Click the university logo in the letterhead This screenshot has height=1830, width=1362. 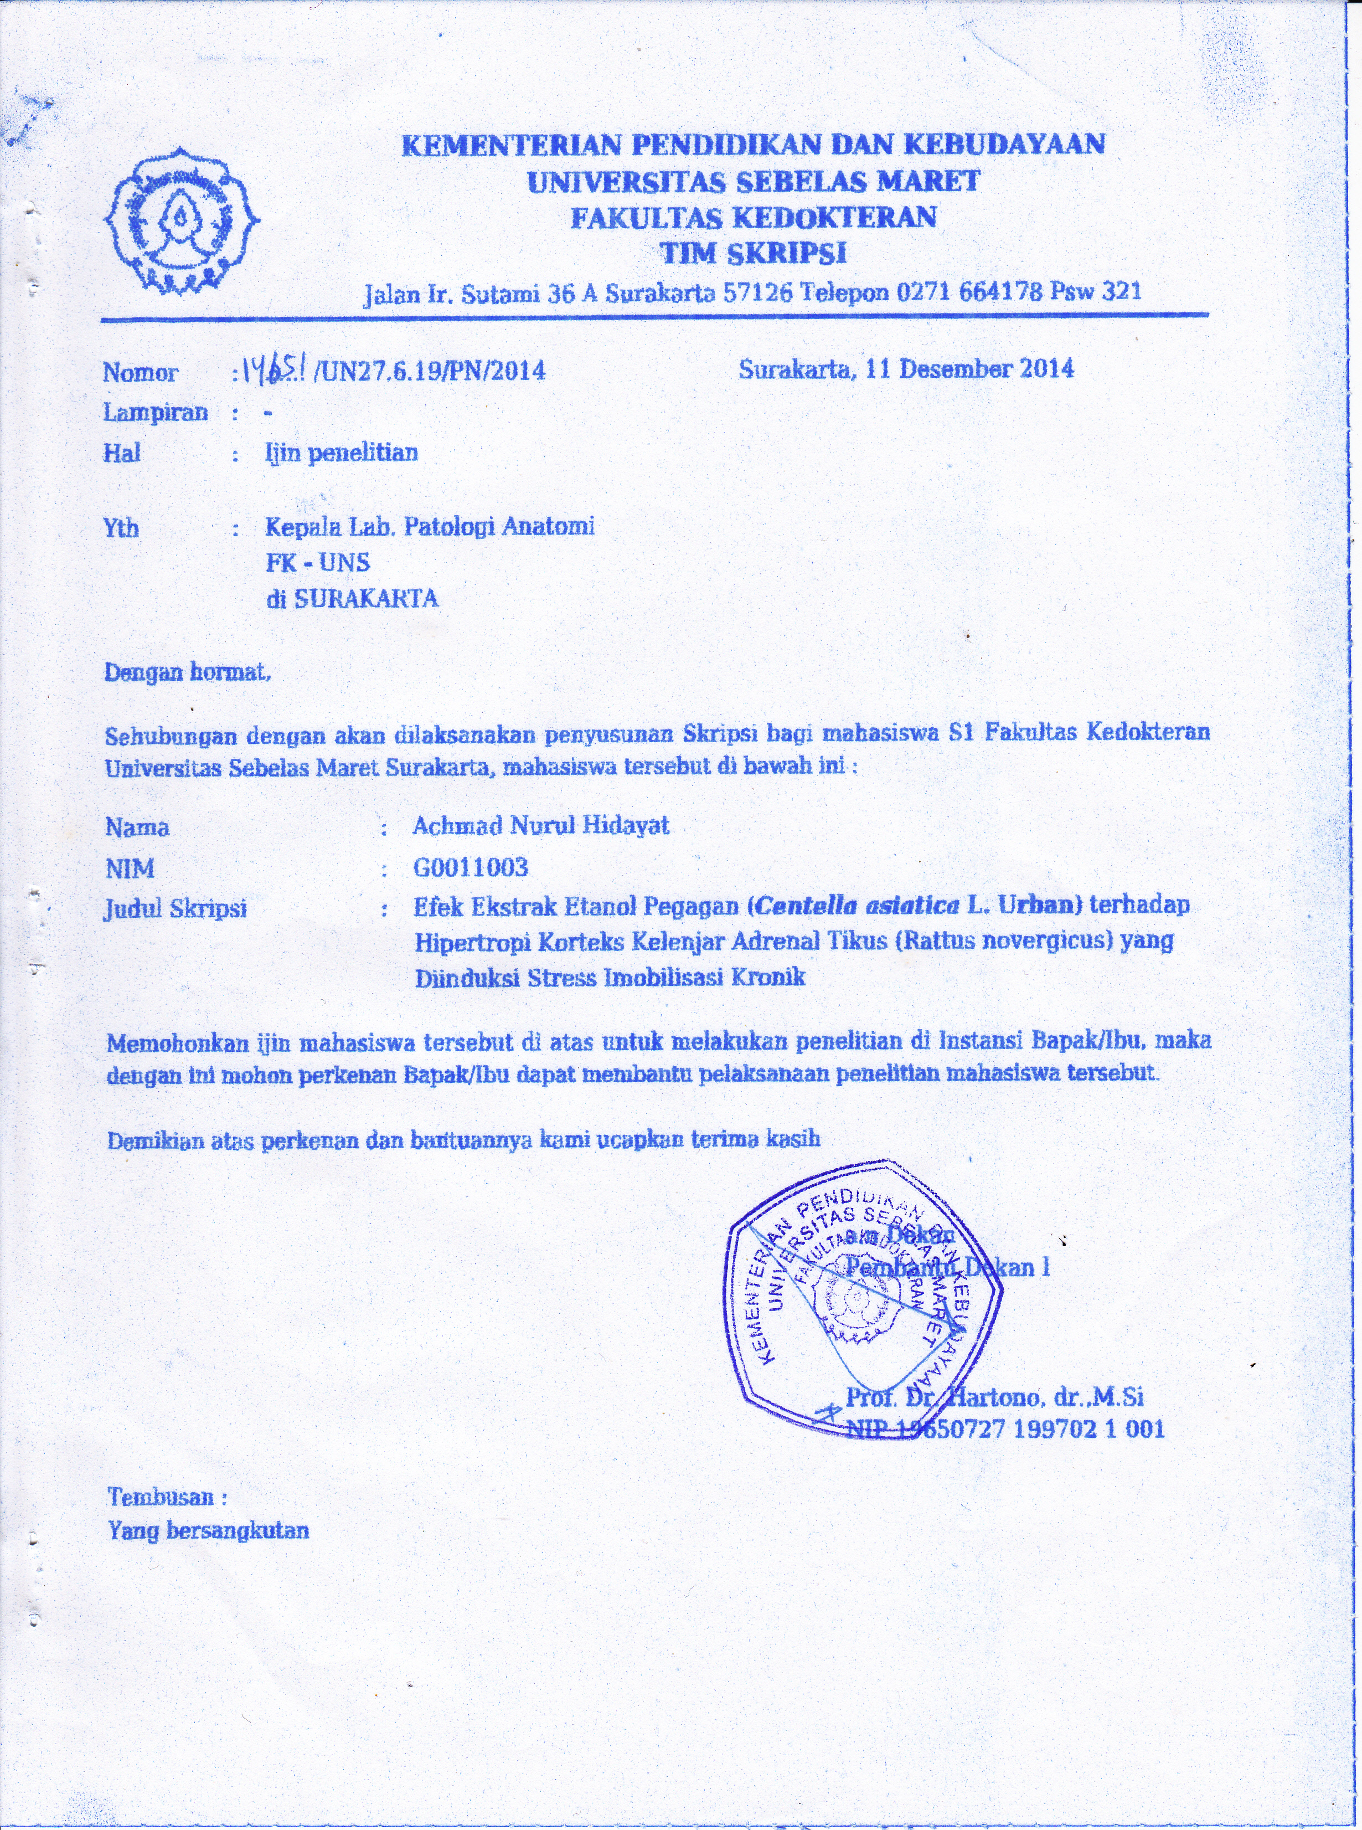tap(180, 221)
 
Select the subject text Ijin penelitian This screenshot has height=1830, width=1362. tap(341, 452)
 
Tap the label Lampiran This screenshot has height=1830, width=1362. tap(155, 412)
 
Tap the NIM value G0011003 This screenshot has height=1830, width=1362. tap(471, 867)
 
